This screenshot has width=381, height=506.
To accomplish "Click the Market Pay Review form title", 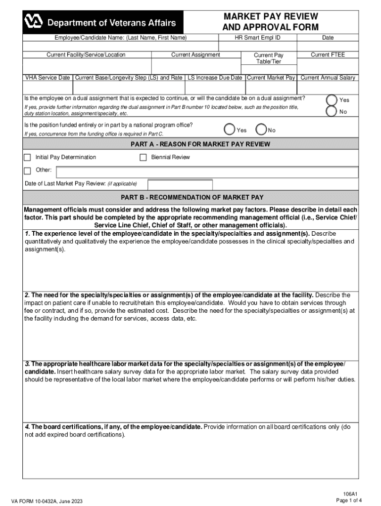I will pyautogui.click(x=270, y=22).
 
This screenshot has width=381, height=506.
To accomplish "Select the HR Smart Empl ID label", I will pyautogui.click(x=257, y=38).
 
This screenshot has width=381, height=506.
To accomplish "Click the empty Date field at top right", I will pyautogui.click(x=328, y=45).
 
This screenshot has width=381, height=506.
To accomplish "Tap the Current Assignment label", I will pyautogui.click(x=195, y=55).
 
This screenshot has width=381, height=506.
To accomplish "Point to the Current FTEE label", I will pyautogui.click(x=328, y=55).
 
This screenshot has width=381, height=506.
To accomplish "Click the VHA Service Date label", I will pyautogui.click(x=48, y=78).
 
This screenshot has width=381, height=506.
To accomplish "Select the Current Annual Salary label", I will pyautogui.click(x=328, y=78).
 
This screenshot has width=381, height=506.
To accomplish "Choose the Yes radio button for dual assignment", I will pyautogui.click(x=331, y=99).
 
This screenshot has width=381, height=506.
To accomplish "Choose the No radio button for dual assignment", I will pyautogui.click(x=331, y=111).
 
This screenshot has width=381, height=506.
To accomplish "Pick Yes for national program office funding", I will pyautogui.click(x=229, y=129).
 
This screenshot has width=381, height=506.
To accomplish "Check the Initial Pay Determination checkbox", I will pyautogui.click(x=28, y=158).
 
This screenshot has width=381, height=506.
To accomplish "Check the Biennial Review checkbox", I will pyautogui.click(x=143, y=158).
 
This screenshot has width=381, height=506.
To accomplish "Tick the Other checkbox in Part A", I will pyautogui.click(x=28, y=171).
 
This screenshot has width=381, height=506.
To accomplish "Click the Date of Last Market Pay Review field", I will pyautogui.click(x=177, y=184).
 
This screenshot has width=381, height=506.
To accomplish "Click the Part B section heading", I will pyautogui.click(x=192, y=197).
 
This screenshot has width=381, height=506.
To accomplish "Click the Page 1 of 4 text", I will pyautogui.click(x=349, y=500).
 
